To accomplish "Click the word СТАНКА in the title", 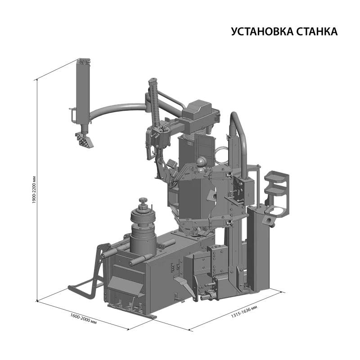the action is click(317, 31).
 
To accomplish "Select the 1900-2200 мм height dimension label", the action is click(34, 189).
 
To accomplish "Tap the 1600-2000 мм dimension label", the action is click(83, 319).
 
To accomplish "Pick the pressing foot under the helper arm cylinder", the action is click(84, 140).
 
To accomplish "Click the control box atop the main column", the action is click(199, 110).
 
